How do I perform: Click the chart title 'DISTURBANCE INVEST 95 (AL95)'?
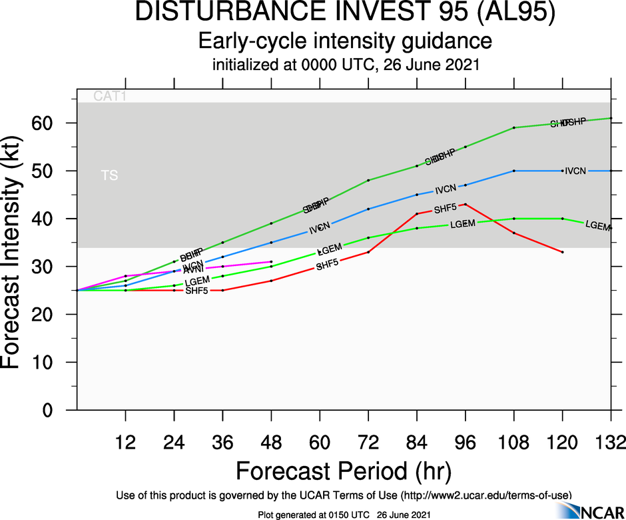click(345, 15)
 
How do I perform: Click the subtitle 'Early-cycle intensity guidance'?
click(345, 41)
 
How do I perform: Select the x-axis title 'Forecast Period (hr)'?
click(344, 471)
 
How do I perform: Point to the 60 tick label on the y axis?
click(53, 123)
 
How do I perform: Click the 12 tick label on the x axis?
click(125, 442)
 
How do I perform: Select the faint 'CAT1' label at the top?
click(110, 97)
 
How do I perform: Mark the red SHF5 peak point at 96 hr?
click(466, 204)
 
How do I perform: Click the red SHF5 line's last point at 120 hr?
click(563, 252)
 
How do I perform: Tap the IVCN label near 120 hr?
click(575, 171)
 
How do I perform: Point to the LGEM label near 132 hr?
click(598, 225)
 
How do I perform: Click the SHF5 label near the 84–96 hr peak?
click(446, 209)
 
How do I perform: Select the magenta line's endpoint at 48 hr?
click(271, 262)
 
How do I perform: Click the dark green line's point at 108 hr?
click(514, 127)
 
